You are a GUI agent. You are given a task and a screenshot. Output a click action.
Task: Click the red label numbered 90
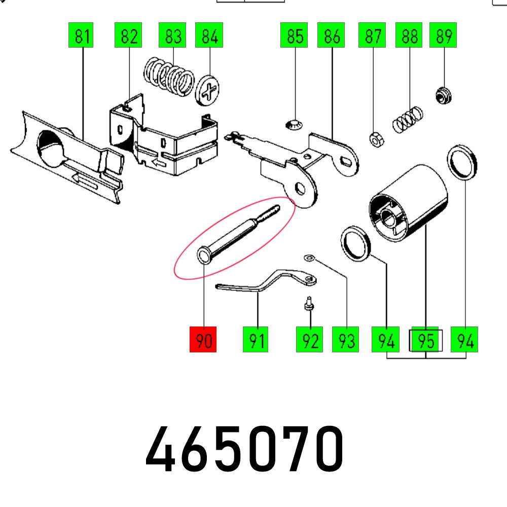pyautogui.click(x=203, y=340)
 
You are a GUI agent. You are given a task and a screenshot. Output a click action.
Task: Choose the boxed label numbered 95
pyautogui.click(x=426, y=341)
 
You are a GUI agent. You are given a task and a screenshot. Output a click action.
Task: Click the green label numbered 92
pyautogui.click(x=310, y=340)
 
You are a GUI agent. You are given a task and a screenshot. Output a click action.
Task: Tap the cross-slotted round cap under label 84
pyautogui.click(x=208, y=91)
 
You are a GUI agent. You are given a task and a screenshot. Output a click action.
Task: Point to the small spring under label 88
pyautogui.click(x=408, y=118)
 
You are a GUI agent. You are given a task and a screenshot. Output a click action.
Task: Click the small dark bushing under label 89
pyautogui.click(x=444, y=95)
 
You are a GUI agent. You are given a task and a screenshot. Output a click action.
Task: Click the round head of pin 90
pyautogui.click(x=203, y=256)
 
